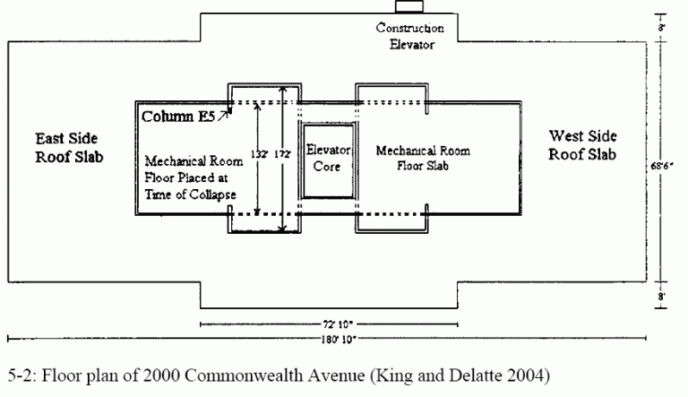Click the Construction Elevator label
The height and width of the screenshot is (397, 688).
(409, 36)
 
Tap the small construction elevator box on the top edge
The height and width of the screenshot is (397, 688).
(409, 6)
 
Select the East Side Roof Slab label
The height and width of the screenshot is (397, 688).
(69, 148)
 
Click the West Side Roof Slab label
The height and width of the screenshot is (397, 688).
(582, 145)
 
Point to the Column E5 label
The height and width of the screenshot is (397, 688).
(178, 117)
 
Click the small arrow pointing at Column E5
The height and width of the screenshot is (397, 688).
(224, 115)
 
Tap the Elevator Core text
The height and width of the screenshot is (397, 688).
(328, 158)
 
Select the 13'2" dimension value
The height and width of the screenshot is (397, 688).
(259, 154)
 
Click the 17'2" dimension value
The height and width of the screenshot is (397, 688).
(282, 154)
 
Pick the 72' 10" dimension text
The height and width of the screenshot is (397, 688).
(338, 324)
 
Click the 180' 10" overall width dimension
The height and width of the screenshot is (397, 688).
(339, 339)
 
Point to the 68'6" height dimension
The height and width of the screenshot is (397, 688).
(662, 166)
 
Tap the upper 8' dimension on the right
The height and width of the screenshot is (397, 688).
(661, 27)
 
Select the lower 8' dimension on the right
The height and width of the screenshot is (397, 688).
(661, 297)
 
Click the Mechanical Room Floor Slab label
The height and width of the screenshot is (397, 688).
(423, 158)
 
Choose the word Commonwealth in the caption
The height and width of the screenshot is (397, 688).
(244, 375)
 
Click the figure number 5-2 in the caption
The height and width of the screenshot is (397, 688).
(21, 375)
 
